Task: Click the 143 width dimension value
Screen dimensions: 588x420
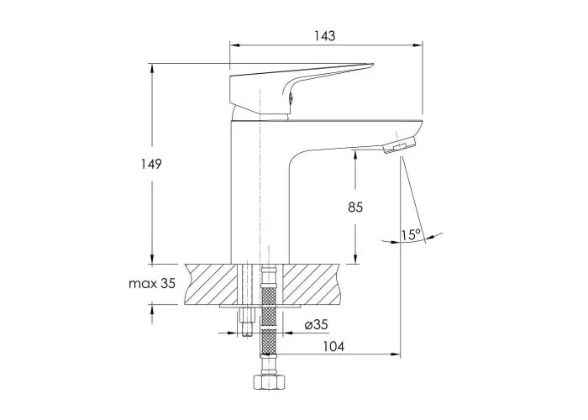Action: click(x=325, y=35)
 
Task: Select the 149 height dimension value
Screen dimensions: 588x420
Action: click(x=151, y=164)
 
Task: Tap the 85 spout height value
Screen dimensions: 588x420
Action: click(x=355, y=207)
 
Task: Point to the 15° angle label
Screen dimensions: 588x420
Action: click(x=411, y=234)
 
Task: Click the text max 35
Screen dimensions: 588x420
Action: click(x=152, y=284)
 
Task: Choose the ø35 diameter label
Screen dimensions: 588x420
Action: click(x=316, y=324)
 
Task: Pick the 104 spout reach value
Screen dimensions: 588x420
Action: click(x=333, y=346)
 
